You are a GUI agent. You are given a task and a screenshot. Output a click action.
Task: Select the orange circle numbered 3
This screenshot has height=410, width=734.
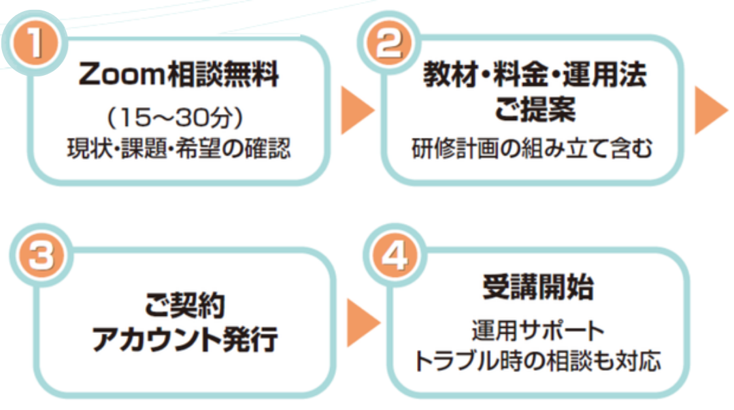pos(41,259)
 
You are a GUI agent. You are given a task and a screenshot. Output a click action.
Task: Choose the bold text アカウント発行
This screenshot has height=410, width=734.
pos(185,339)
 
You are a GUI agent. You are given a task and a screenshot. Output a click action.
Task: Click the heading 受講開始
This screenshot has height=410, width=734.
pos(538,287)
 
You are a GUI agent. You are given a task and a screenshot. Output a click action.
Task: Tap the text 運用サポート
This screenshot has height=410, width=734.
pos(538,330)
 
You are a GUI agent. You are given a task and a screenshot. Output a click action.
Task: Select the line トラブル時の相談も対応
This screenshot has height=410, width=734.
pos(538,361)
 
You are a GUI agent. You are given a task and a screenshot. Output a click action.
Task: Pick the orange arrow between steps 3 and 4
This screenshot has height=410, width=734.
pos(361,323)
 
